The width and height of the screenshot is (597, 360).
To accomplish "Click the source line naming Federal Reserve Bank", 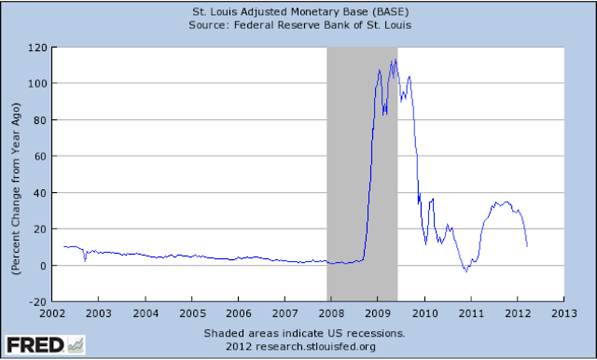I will [299, 26].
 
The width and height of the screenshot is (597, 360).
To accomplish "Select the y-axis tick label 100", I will [39, 83].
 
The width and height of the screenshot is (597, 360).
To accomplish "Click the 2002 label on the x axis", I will [52, 314].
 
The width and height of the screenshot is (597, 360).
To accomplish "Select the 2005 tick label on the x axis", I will [192, 314].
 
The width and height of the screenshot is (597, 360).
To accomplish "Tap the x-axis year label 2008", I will [331, 314].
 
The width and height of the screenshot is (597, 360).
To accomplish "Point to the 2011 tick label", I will [471, 314].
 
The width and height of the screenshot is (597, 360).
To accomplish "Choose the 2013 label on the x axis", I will [563, 314].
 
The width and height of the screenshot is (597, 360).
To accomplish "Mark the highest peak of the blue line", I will [396, 60].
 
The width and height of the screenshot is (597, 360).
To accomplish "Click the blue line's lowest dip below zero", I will [465, 271].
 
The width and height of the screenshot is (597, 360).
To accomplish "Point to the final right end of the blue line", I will [528, 246].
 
